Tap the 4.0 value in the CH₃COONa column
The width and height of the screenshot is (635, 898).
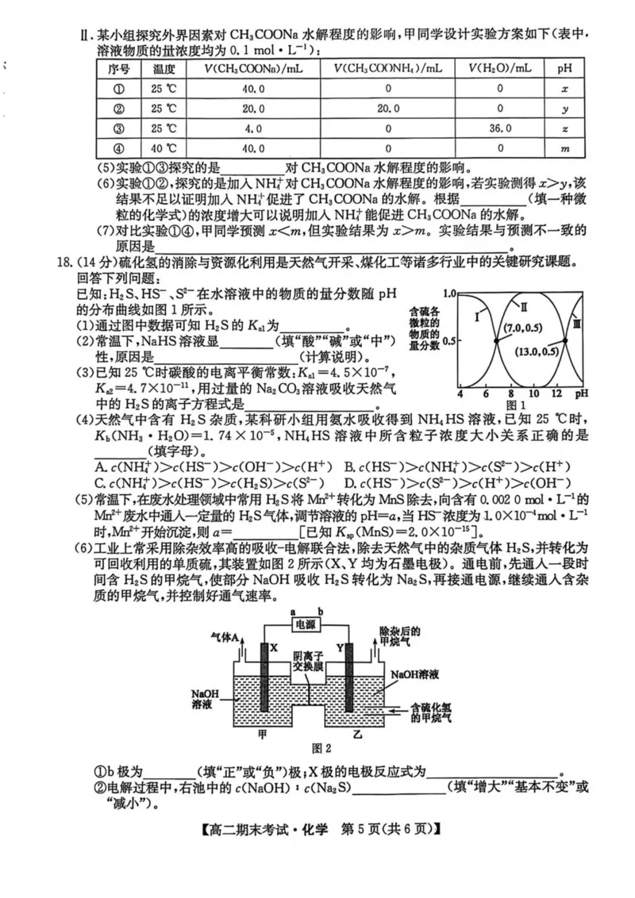(253, 129)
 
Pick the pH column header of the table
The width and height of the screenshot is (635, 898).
(564, 68)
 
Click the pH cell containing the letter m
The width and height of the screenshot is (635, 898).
(564, 149)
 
